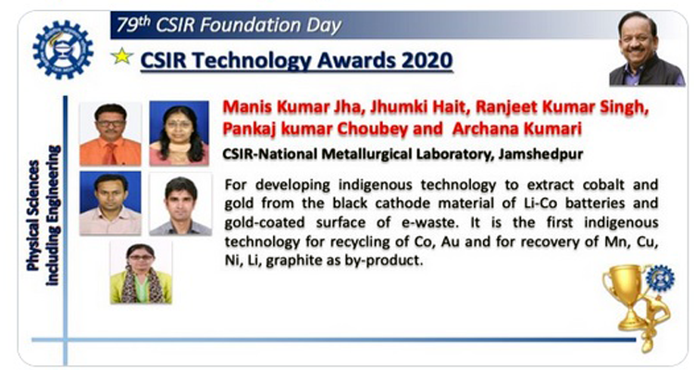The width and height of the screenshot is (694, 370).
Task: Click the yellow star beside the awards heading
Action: coord(122,56)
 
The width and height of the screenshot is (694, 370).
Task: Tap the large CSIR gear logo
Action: coord(63,50)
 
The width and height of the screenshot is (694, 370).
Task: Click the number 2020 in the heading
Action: coord(428,60)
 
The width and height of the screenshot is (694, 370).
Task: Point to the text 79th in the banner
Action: coord(133,25)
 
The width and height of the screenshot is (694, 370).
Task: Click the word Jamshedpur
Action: coord(540,154)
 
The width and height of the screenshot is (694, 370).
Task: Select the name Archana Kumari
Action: coord(517,129)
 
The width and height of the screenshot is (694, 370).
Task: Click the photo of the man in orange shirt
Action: coord(110,133)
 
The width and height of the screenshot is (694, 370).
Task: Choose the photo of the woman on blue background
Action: coord(179,133)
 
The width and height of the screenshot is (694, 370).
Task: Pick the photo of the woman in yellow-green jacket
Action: coord(141,272)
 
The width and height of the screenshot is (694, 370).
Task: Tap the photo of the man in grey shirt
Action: coord(180,204)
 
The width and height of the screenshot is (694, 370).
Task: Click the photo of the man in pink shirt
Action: coord(110,203)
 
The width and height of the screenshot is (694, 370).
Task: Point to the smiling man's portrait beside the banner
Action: coord(646,48)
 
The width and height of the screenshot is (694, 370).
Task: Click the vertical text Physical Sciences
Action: coord(34,216)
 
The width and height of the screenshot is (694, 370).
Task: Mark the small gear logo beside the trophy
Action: coord(660,277)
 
